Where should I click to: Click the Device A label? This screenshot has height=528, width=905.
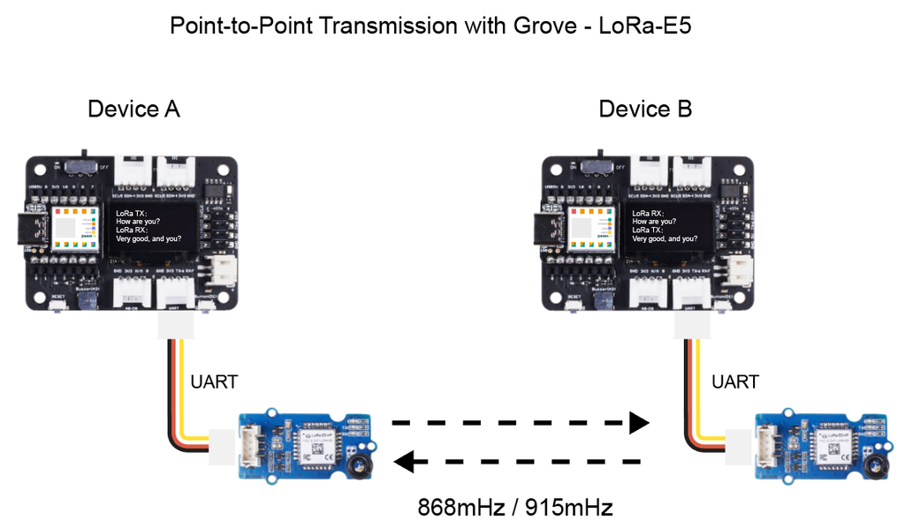point(133,109)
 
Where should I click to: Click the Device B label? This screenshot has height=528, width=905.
point(645,109)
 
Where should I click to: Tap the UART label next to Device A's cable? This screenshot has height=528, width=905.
point(215,382)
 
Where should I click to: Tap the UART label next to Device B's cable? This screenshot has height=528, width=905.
point(735,382)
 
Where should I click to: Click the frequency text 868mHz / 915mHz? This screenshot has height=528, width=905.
point(515,509)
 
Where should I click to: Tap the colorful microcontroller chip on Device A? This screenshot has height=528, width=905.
point(73,228)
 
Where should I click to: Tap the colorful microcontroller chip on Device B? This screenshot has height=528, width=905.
point(590,228)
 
